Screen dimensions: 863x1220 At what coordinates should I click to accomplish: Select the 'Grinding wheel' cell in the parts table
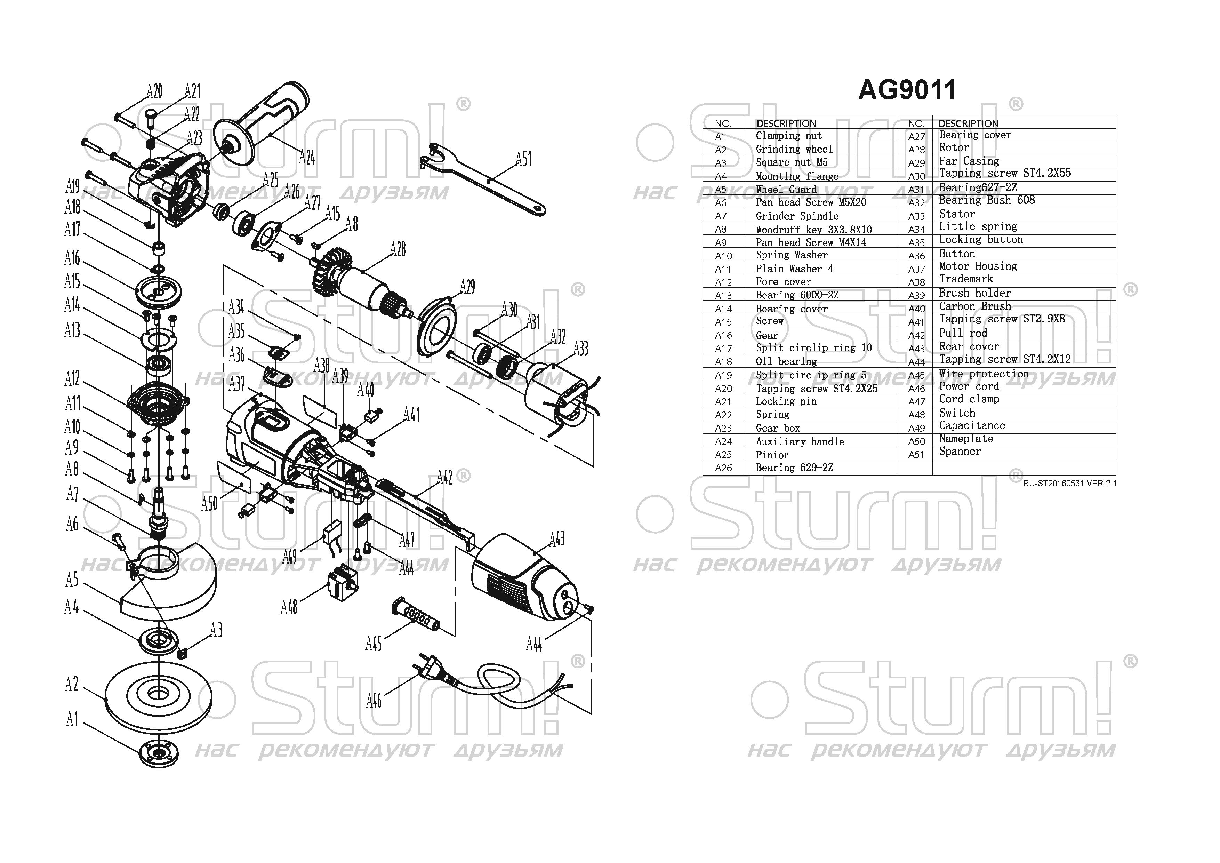pyautogui.click(x=794, y=149)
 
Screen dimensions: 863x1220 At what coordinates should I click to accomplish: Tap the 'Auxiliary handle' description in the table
pyautogui.click(x=800, y=442)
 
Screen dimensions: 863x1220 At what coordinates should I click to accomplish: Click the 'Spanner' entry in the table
pyautogui.click(x=960, y=452)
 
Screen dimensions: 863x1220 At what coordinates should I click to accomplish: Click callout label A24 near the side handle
pyautogui.click(x=307, y=157)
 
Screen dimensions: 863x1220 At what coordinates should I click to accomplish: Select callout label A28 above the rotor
pyautogui.click(x=398, y=249)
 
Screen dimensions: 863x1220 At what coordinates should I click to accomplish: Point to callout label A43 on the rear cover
pyautogui.click(x=556, y=540)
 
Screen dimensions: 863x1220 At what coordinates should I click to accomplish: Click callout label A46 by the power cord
pyautogui.click(x=374, y=701)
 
